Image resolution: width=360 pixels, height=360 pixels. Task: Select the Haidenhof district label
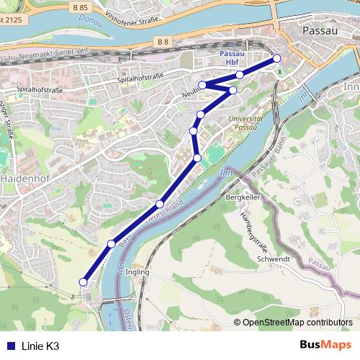(x=24, y=176)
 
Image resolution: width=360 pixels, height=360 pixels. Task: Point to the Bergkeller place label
(x=242, y=196)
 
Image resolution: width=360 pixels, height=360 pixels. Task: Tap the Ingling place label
(x=137, y=272)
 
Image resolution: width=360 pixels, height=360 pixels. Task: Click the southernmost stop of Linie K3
(x=83, y=282)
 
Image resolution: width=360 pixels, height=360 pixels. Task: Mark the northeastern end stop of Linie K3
(x=276, y=58)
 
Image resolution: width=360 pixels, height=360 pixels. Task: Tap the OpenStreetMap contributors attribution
(x=297, y=322)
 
